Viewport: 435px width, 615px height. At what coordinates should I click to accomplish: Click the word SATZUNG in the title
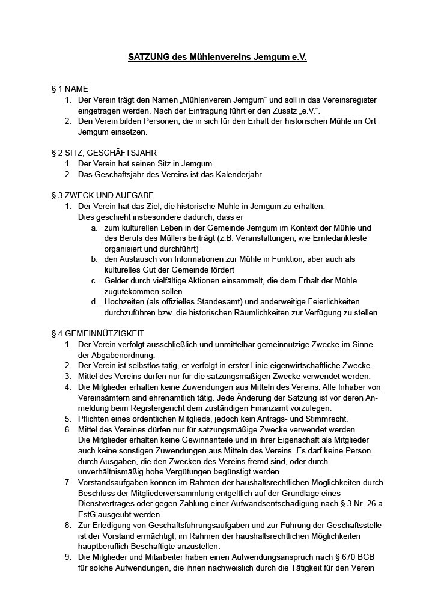[x=147, y=58]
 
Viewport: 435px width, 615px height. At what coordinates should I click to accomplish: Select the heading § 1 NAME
[x=70, y=89]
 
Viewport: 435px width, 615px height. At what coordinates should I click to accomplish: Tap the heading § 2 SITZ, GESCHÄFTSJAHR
[x=105, y=153]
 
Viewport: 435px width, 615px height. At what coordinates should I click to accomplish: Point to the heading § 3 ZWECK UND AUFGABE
[x=103, y=195]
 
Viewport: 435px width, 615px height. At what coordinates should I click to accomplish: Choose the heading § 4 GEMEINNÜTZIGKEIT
[x=98, y=333]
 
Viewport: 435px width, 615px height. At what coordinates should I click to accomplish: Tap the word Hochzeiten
[x=124, y=301]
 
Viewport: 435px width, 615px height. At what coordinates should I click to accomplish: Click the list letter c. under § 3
[x=95, y=280]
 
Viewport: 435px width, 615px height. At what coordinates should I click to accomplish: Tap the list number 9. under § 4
[x=68, y=557]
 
